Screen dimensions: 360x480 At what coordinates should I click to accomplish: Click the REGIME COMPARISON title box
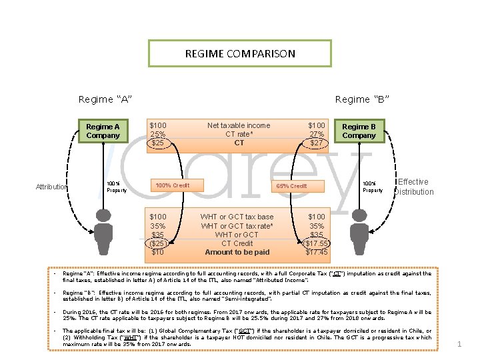[239, 53]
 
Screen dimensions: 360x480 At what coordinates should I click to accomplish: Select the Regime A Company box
[103, 131]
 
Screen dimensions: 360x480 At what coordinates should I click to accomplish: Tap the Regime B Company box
[359, 131]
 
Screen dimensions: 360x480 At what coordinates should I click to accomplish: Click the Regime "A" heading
[105, 99]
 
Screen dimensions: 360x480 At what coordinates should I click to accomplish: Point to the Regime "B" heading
[362, 99]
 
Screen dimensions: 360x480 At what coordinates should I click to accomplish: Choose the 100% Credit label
[172, 185]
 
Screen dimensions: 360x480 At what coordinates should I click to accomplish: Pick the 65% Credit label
[291, 186]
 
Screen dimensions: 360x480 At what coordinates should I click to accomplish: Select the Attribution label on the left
[51, 187]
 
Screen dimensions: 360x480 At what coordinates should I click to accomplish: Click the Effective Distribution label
[414, 187]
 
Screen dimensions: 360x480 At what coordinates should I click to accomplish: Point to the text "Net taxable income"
[239, 125]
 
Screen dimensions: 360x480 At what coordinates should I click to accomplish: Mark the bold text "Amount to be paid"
[237, 252]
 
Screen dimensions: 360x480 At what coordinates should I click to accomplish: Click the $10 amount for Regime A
[158, 252]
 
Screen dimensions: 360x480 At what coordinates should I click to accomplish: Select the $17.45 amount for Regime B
[316, 252]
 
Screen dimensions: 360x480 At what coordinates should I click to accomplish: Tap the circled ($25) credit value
[158, 243]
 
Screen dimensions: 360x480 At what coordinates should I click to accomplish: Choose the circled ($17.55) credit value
[316, 243]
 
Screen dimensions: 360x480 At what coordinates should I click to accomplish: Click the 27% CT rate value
[316, 134]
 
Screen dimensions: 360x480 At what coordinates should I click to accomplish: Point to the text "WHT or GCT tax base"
[237, 217]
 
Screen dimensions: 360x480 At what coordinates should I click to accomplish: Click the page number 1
[459, 344]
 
